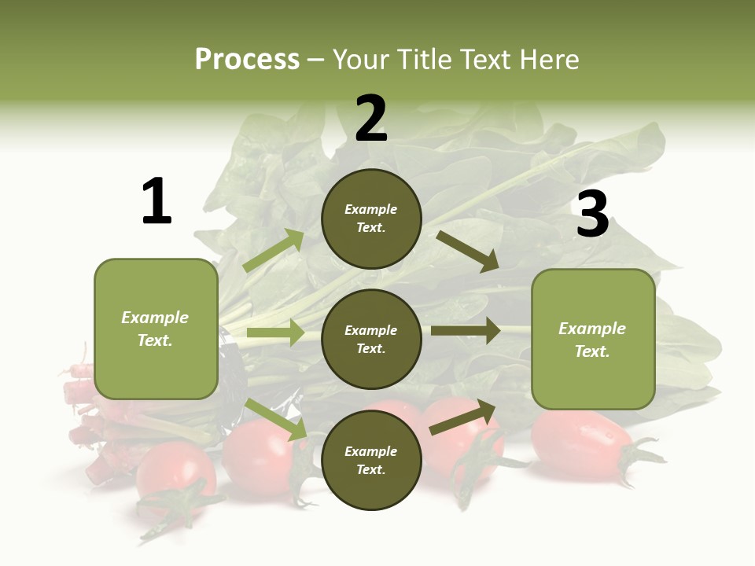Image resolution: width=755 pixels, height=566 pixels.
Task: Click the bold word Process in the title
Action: tap(247, 59)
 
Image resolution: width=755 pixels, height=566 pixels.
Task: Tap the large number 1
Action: tap(157, 202)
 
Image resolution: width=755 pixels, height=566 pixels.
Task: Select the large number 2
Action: tap(371, 119)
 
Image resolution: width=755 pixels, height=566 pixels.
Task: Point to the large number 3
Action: tap(592, 214)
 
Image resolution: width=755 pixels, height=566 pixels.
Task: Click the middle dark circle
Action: tap(371, 339)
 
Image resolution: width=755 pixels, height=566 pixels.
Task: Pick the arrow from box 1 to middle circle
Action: tap(275, 333)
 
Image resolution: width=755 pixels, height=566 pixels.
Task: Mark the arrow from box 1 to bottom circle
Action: tap(276, 419)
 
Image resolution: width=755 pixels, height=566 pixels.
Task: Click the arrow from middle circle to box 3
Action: tap(466, 331)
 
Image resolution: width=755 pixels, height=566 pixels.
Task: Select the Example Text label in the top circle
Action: tap(371, 219)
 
